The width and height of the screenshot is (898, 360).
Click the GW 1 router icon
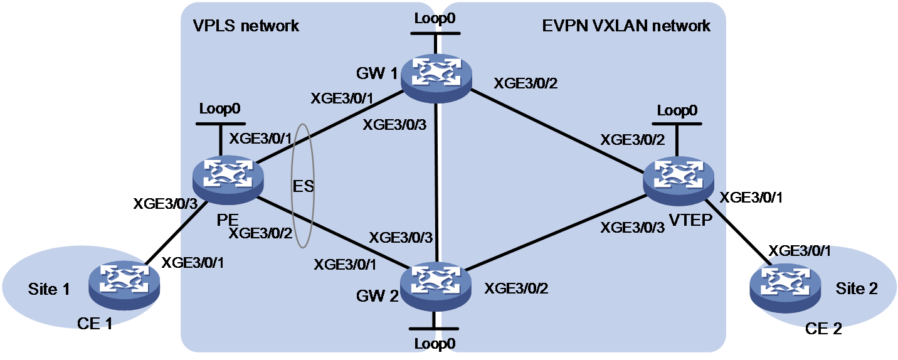point(436,78)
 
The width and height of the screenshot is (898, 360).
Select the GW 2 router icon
point(436,286)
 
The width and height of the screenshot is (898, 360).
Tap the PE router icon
point(228,181)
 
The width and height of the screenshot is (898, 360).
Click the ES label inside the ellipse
point(303,186)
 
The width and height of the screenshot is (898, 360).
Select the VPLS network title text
point(246,26)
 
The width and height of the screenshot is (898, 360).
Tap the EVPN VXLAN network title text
point(626,26)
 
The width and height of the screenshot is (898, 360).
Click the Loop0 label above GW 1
point(435,18)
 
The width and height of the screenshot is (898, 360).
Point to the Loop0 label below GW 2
point(435,344)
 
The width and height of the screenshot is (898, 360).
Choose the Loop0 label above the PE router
point(219,109)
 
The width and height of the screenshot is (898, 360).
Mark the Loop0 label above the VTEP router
point(677,110)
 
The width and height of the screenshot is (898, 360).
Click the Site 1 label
point(49,289)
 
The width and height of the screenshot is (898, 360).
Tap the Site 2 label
point(857,289)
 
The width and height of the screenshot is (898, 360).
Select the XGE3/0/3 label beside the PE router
point(166,204)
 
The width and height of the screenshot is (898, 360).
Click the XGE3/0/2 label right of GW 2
point(516,289)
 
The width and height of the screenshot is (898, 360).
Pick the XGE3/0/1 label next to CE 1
point(193,263)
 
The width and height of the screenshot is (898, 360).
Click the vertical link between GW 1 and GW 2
point(436,183)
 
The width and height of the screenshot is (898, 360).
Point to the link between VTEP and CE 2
point(738,232)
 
